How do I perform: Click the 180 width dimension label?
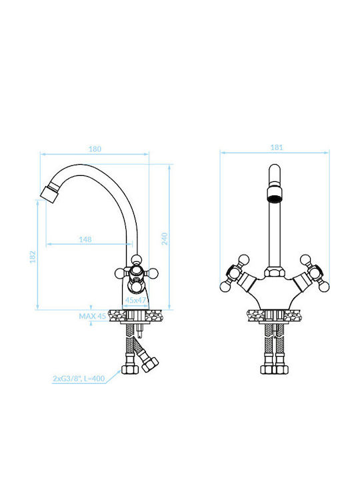click(95, 149)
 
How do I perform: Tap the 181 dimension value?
click(277, 147)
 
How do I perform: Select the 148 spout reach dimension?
click(85, 239)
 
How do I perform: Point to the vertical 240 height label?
click(165, 239)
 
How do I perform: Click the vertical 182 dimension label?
click(33, 257)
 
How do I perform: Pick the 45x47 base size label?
click(135, 300)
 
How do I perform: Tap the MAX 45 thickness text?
click(93, 316)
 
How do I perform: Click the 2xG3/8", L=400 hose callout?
click(79, 379)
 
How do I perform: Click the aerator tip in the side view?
click(49, 193)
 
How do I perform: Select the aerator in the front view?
click(274, 195)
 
